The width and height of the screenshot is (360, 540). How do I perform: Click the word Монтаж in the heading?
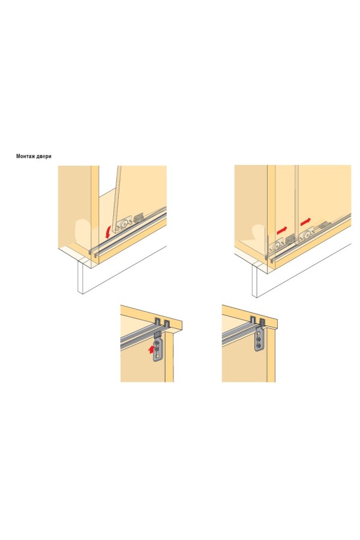tap(26, 157)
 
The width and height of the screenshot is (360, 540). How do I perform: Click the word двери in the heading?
tap(44, 157)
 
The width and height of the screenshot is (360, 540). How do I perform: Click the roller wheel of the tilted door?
tap(123, 224)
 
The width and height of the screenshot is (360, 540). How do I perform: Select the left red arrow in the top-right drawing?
tap(282, 229)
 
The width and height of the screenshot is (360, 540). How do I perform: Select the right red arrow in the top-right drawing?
tap(305, 221)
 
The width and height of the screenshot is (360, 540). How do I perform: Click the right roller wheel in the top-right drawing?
tap(305, 236)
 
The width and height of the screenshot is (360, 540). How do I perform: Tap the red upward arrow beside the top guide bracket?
tap(150, 350)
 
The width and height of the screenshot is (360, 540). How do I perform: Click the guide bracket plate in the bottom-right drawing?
tap(259, 340)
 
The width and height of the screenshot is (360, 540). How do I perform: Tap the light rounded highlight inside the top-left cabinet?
tap(83, 231)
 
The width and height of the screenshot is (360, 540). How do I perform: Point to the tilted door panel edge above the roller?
tap(117, 196)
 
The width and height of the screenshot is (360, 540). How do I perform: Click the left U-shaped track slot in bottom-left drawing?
tap(158, 322)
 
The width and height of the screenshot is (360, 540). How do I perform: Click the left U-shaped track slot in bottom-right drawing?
tap(254, 320)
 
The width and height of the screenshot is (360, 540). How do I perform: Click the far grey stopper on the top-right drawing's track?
tap(326, 224)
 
